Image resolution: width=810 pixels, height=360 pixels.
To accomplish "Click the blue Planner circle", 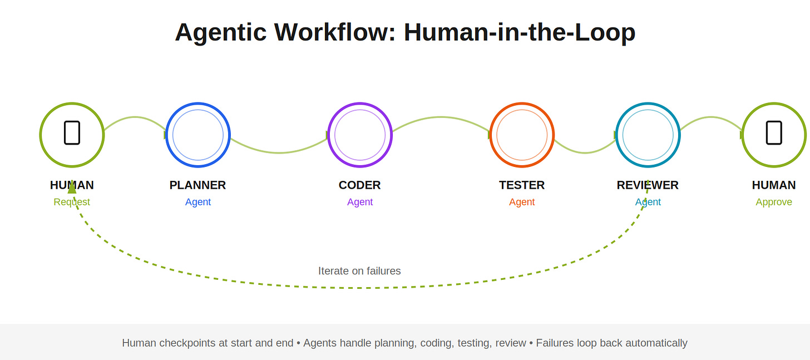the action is coord(198,135).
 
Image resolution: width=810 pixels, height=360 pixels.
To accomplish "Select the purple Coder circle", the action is coord(360,135).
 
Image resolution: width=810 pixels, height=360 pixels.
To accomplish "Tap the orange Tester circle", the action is coord(522,135).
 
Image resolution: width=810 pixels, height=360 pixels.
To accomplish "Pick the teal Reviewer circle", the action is coord(648,135).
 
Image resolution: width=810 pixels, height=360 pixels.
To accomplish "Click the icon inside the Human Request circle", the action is coord(72,132).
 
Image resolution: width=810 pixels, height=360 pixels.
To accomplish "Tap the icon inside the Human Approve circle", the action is coord(774,132).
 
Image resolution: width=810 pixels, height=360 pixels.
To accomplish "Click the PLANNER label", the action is coord(197,185).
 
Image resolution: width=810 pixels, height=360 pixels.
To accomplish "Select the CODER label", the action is coord(359,185).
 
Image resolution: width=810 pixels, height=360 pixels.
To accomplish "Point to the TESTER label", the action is coord(522,185).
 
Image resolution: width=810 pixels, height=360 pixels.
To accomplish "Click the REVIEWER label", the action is coord(648,185).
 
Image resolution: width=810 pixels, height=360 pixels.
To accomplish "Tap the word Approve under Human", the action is coord(774,202).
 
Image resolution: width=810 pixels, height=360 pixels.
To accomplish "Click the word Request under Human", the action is coord(72,202).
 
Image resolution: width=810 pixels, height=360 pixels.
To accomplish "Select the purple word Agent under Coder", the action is coord(360,202).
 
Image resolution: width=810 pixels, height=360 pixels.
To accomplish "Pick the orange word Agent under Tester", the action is coord(522,202).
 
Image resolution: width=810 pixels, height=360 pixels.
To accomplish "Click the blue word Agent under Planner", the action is coord(198,202).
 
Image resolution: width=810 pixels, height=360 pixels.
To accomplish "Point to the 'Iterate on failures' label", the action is coord(359,271).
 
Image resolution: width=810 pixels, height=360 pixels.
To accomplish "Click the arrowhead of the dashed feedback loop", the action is coord(72,188).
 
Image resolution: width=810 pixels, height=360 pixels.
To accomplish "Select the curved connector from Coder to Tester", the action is coord(441,117).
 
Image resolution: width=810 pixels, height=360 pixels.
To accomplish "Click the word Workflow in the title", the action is coord(334,32).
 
